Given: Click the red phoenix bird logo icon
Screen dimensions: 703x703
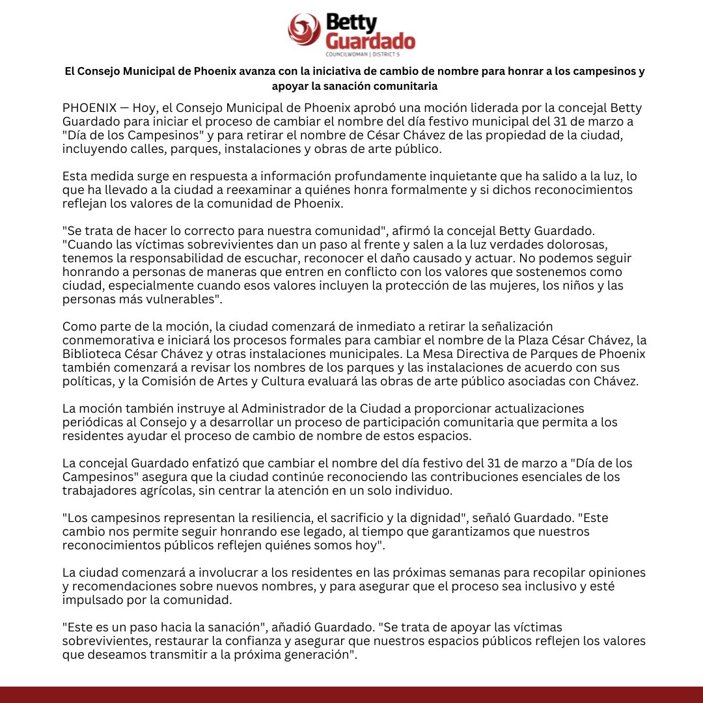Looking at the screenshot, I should tap(305, 31).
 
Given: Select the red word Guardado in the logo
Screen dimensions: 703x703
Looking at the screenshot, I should tap(369, 42).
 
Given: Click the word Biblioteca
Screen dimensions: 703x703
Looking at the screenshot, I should tap(92, 353).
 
